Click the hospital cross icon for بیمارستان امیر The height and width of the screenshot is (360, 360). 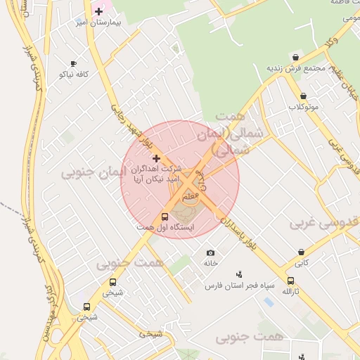point(99,11)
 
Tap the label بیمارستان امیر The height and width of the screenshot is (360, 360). point(99,23)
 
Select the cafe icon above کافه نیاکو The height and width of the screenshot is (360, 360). point(73,62)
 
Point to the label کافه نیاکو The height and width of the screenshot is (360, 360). point(73,73)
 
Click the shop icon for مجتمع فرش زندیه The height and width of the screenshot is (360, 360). point(295,57)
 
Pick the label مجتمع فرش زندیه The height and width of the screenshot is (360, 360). point(295,68)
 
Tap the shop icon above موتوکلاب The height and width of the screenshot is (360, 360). point(303,96)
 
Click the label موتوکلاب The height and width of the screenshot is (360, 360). point(303,107)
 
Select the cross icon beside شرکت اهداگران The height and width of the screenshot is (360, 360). point(156,159)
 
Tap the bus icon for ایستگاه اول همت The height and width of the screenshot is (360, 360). point(165,217)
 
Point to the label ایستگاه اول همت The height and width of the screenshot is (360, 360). point(165,228)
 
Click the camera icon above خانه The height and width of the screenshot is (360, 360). point(210,252)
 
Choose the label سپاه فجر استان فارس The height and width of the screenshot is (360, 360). point(238,285)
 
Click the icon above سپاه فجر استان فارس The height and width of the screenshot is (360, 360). point(239,274)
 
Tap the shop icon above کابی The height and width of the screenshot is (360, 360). point(302,252)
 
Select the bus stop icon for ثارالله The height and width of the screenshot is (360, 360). point(290,281)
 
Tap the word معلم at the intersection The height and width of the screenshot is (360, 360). point(188,198)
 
